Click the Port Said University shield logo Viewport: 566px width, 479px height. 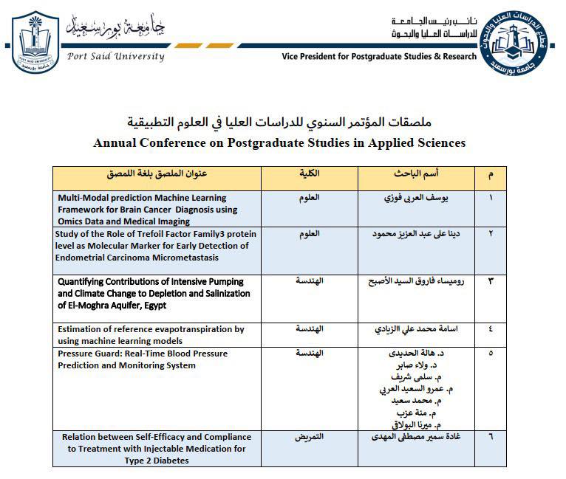click(35, 42)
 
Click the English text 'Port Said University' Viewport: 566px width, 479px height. click(116, 56)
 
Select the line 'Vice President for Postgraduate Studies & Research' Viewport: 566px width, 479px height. click(380, 57)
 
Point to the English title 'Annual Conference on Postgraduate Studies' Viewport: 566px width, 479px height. click(279, 142)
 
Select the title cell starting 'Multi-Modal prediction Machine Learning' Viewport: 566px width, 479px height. click(147, 210)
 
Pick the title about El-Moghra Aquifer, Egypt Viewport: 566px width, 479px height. click(151, 293)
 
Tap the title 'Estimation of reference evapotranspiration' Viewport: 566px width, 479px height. click(151, 334)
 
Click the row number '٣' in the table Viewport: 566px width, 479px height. click(491, 282)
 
